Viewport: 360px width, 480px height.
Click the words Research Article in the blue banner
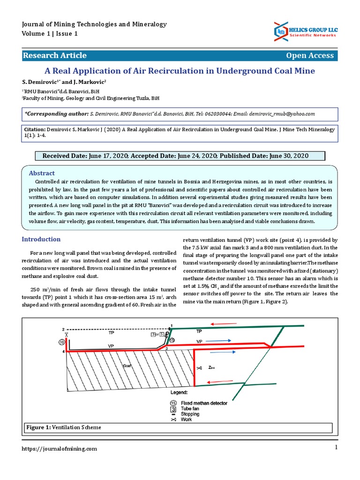(x=55, y=55)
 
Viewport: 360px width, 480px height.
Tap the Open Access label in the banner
(x=310, y=55)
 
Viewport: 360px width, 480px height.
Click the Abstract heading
(x=42, y=173)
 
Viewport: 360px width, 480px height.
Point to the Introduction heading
(x=42, y=240)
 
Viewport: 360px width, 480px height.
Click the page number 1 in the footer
(x=336, y=448)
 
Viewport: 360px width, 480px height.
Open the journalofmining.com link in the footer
(x=60, y=449)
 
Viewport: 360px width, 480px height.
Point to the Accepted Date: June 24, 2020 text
(x=174, y=156)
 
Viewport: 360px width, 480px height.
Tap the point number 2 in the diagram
(x=63, y=329)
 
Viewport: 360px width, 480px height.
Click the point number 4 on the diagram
(x=63, y=351)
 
